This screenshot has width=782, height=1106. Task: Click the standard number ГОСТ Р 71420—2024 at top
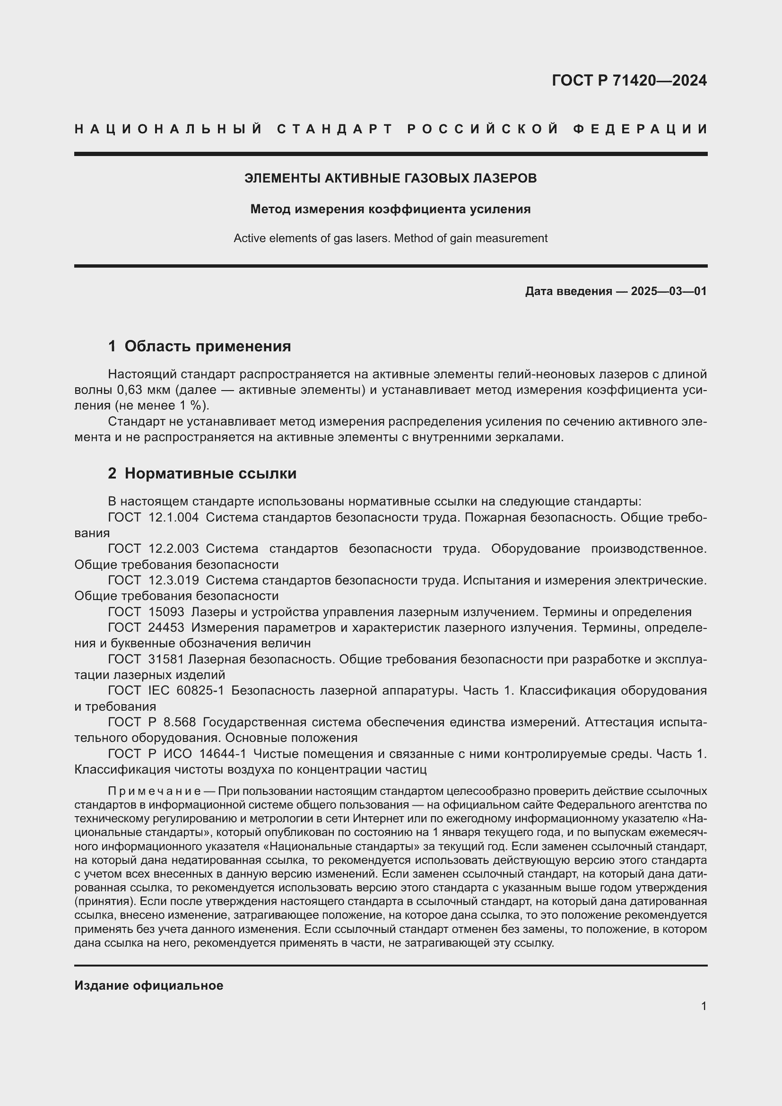tap(629, 80)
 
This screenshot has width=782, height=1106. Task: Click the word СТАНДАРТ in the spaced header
tap(335, 129)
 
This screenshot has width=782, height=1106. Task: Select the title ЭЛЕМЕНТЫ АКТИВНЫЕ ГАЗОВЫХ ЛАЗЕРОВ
tap(391, 178)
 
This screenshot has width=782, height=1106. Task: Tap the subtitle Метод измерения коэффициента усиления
tap(391, 209)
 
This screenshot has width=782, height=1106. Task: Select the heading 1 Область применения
tap(200, 346)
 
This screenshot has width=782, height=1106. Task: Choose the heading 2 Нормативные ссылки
tap(202, 473)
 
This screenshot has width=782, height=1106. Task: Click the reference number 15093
tap(166, 612)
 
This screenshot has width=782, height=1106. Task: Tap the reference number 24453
tap(166, 627)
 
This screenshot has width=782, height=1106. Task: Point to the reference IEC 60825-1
tap(186, 691)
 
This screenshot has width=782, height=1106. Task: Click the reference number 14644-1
tap(223, 754)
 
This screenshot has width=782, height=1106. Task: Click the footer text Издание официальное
tap(149, 985)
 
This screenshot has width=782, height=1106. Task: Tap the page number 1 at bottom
tap(704, 1006)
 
